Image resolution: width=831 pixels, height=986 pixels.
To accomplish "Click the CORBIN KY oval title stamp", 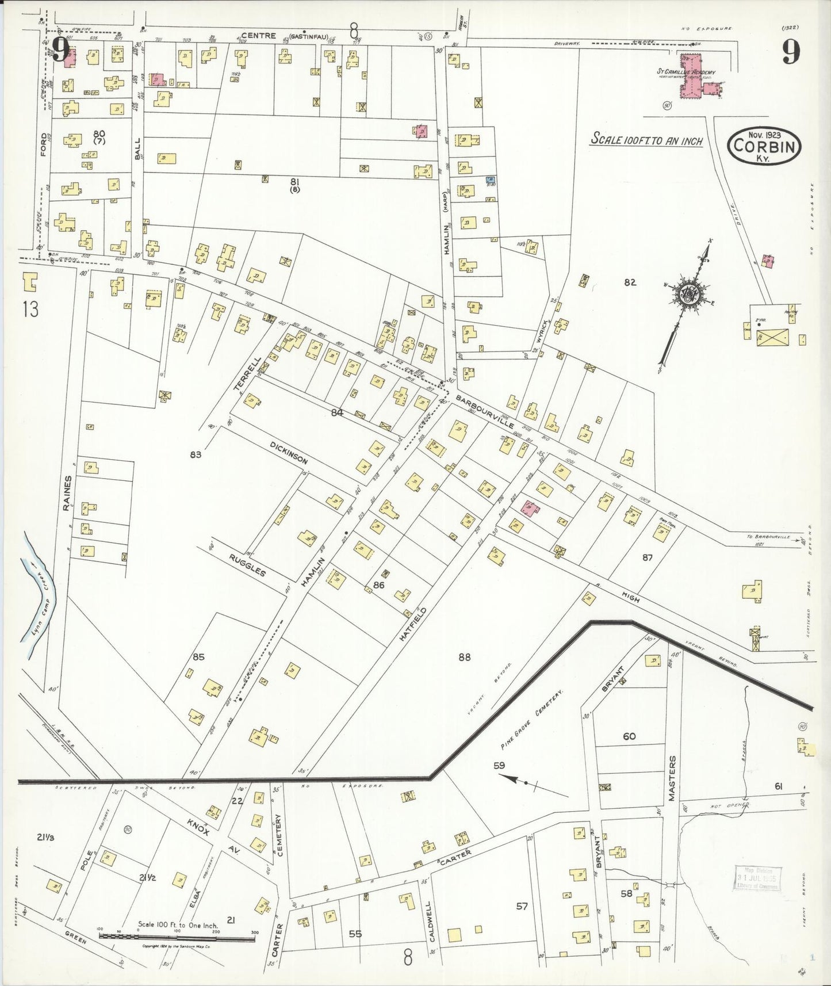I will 764,148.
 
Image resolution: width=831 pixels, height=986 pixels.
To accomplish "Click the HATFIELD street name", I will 413,624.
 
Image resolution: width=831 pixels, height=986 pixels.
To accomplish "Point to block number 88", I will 464,657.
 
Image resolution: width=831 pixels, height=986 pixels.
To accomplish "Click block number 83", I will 196,454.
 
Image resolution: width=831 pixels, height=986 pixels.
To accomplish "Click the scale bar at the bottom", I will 177,937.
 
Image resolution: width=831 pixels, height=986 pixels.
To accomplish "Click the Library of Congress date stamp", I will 756,878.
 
